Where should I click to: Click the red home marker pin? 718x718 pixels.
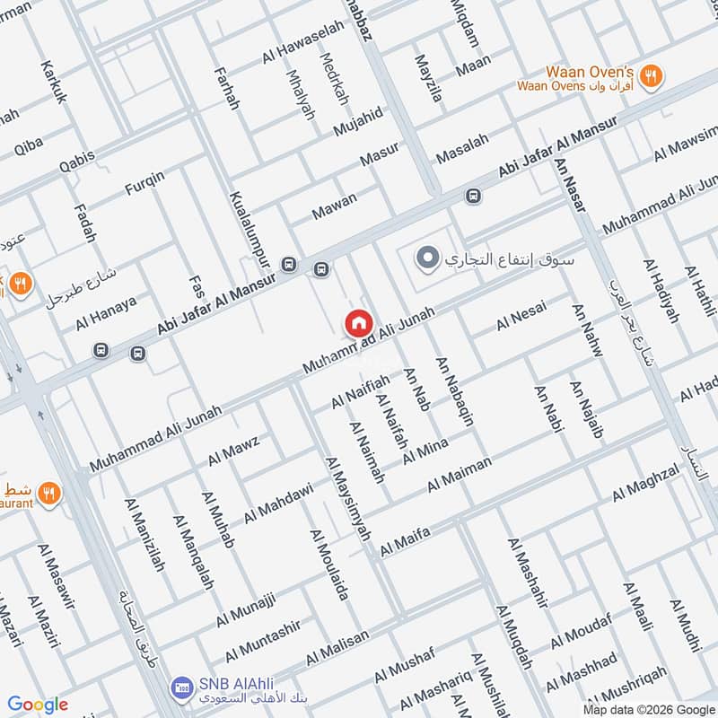tap(358, 323)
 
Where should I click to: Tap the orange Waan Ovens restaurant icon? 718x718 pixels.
tap(652, 76)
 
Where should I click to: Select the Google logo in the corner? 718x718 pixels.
tap(38, 705)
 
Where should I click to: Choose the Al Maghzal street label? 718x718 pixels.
tap(647, 485)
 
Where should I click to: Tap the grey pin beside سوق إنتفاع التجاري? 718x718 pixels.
tap(428, 259)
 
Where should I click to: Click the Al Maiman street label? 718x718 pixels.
tap(460, 474)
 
